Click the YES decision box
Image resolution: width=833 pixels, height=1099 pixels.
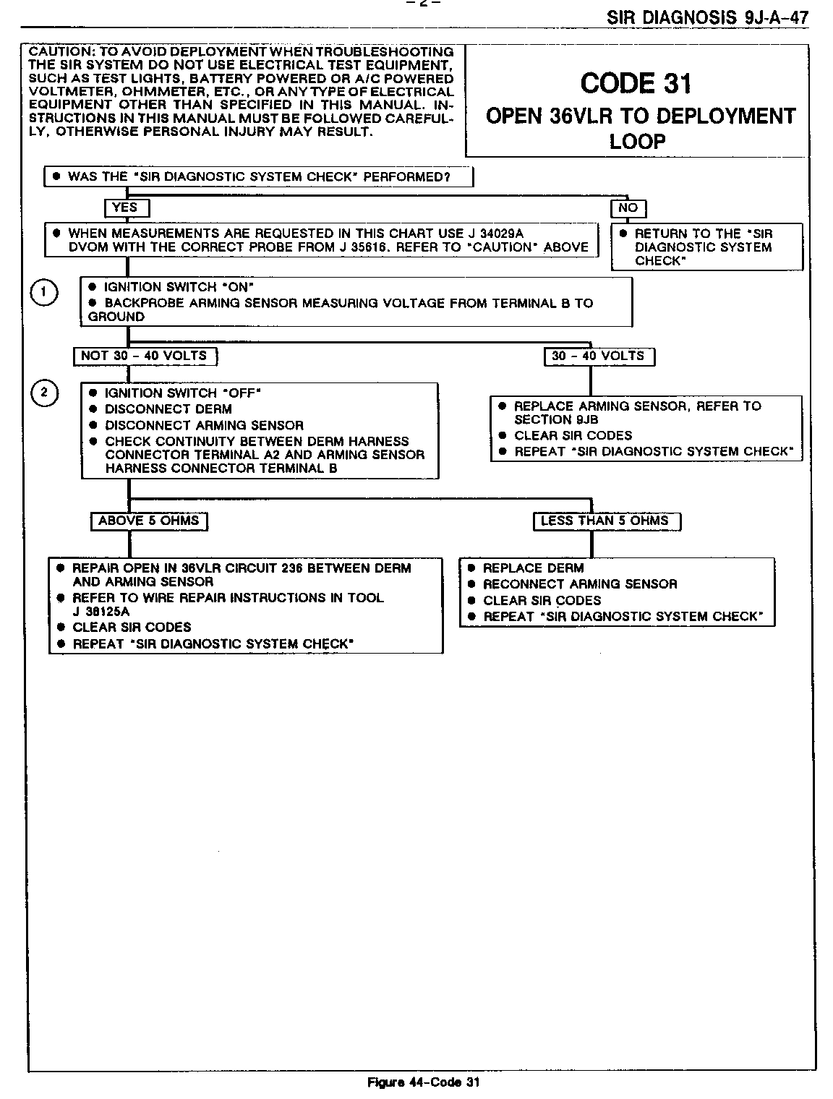(x=127, y=208)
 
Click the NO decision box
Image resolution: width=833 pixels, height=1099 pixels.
(x=628, y=208)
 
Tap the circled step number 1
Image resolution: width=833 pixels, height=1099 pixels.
(x=44, y=292)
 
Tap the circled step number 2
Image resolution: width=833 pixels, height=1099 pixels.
(x=44, y=393)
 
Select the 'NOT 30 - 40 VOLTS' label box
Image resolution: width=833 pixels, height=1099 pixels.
(x=145, y=356)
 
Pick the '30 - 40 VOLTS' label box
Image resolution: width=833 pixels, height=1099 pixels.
(x=599, y=356)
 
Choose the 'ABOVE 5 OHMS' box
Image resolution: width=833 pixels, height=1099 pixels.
(x=149, y=521)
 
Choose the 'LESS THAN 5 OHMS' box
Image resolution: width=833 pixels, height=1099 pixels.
(x=606, y=521)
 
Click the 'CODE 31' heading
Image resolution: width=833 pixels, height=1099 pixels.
(x=636, y=84)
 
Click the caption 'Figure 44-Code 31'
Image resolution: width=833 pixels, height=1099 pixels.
(x=424, y=1082)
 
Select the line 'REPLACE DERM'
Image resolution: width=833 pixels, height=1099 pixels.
(x=533, y=568)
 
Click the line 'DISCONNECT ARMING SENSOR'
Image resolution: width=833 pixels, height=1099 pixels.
(x=204, y=425)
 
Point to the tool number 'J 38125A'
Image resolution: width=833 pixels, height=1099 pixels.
(x=101, y=612)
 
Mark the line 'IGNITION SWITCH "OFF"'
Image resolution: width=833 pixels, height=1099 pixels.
(x=182, y=393)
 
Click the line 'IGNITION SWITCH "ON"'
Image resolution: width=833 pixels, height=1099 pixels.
(x=179, y=287)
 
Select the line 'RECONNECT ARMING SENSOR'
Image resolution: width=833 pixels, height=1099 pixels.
(x=580, y=584)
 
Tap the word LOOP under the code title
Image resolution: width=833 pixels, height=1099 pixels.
(x=636, y=141)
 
